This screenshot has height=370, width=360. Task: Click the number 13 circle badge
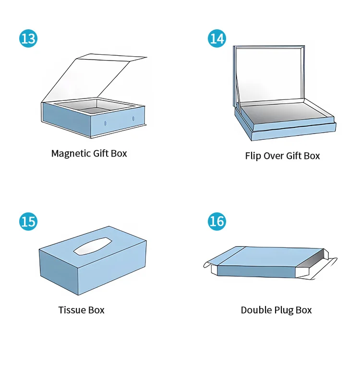click(x=28, y=38)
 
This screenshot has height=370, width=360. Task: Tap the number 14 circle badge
click(x=217, y=38)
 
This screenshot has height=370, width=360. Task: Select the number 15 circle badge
click(x=28, y=222)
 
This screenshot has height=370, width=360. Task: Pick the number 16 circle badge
click(x=217, y=222)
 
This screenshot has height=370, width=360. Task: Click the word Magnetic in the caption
click(x=71, y=154)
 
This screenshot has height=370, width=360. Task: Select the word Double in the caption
click(x=256, y=310)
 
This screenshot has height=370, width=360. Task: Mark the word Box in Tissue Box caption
click(x=96, y=310)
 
